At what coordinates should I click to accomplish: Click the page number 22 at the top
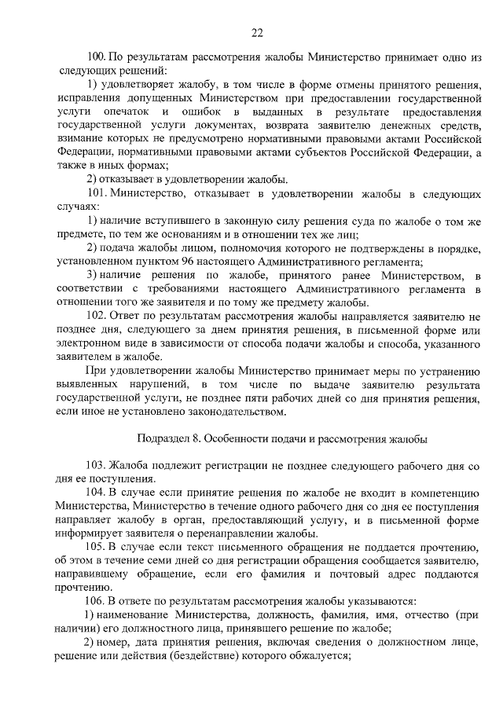point(256,32)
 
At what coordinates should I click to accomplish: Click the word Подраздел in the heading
point(162,438)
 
